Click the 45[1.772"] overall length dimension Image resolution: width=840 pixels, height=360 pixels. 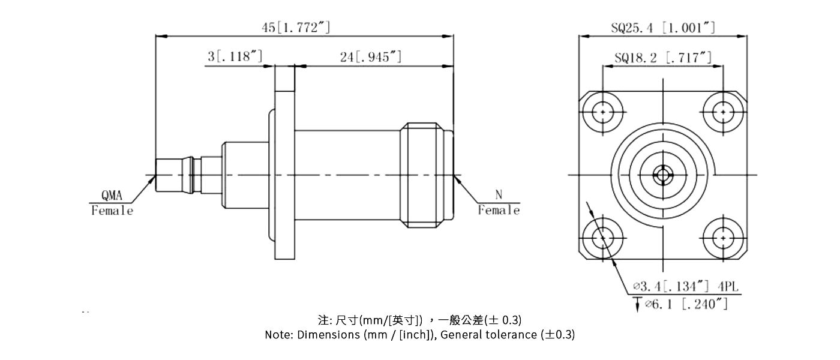pyautogui.click(x=295, y=28)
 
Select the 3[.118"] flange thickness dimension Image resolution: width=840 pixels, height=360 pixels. pyautogui.click(x=235, y=57)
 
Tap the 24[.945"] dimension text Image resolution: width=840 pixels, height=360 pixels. pyautogui.click(x=370, y=57)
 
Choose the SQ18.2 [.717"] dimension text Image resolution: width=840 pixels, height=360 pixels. pyautogui.click(x=663, y=58)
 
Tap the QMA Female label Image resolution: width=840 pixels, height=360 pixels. pyautogui.click(x=112, y=203)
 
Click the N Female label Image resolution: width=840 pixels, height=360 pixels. pyautogui.click(x=499, y=203)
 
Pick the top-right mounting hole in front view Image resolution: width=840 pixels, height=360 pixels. pyautogui.click(x=723, y=112)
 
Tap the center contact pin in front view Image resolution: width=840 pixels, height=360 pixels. pyautogui.click(x=662, y=175)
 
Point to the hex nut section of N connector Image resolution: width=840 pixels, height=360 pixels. pyautogui.click(x=426, y=175)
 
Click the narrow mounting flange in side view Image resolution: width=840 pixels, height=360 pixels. pyautogui.click(x=285, y=162)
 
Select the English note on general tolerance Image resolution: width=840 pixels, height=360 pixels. pyautogui.click(x=419, y=335)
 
